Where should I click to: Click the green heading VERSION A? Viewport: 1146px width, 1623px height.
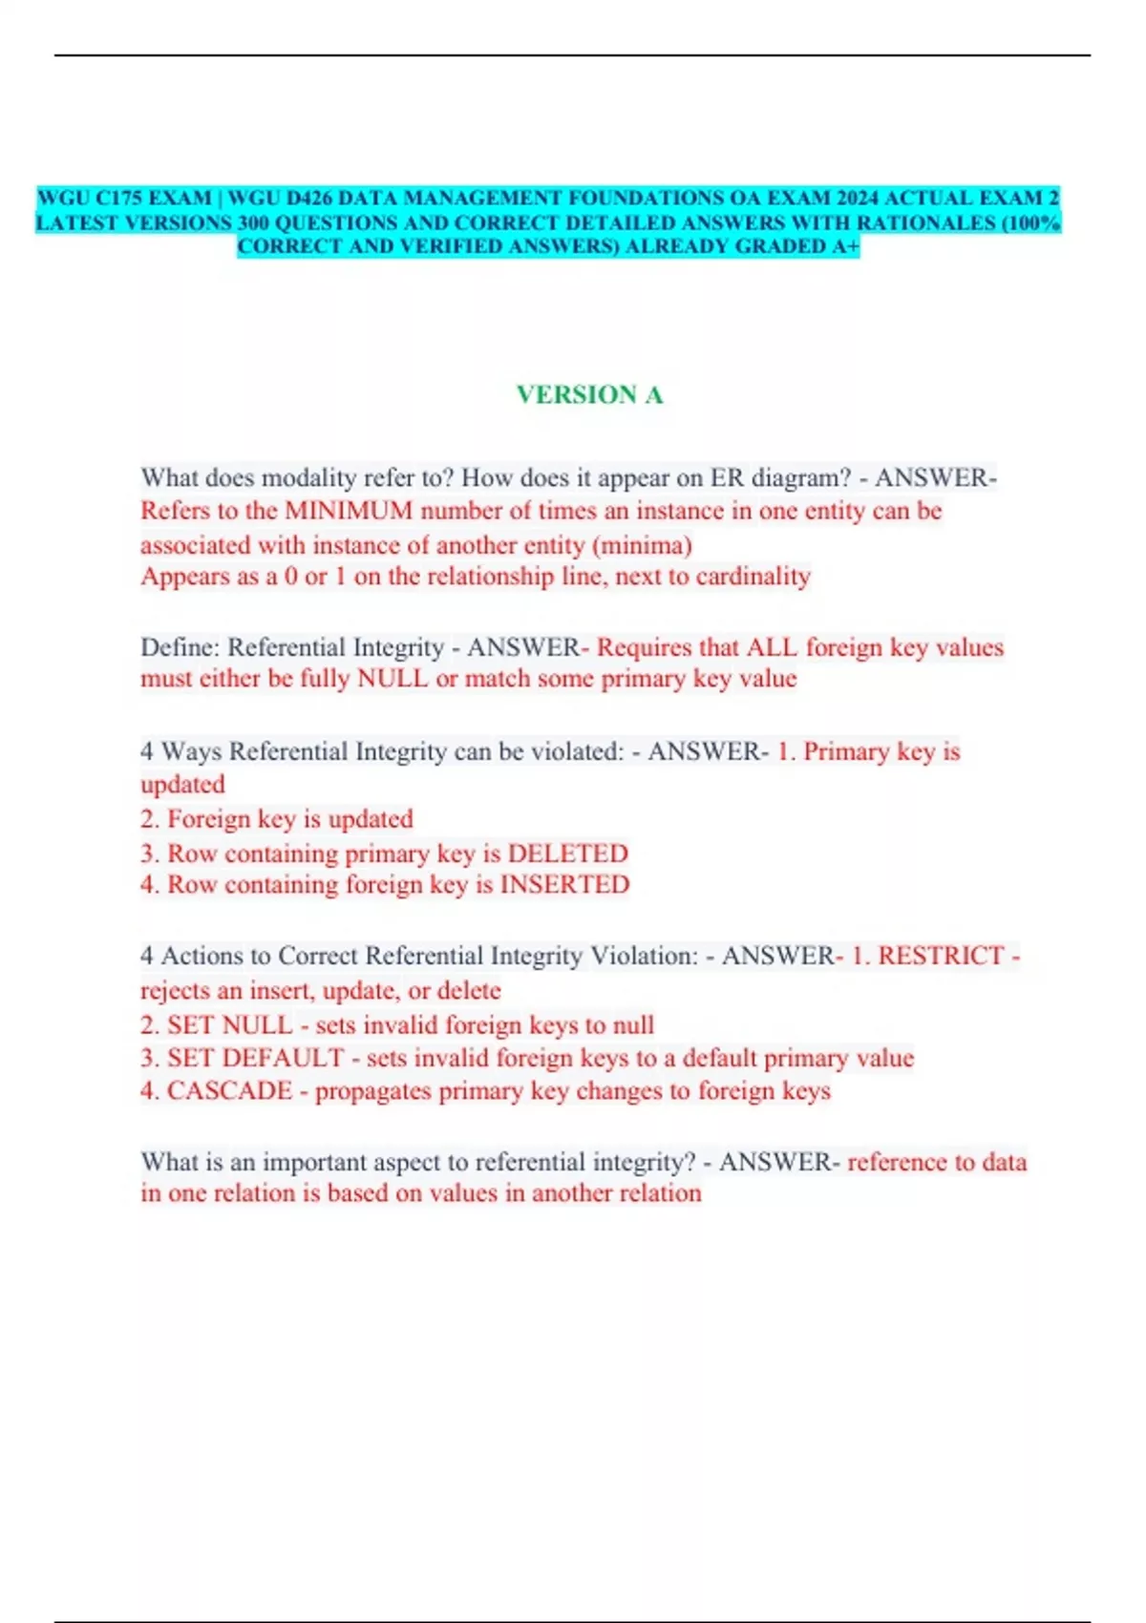589,394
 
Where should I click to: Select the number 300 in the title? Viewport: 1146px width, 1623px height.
253,222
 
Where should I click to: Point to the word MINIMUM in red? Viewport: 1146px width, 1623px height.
349,511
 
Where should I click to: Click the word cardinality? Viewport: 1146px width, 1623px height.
753,577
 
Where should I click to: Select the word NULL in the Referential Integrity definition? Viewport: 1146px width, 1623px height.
393,679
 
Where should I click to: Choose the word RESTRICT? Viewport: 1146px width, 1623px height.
941,956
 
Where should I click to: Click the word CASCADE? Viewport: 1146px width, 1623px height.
229,1090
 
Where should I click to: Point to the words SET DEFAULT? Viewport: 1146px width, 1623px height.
255,1058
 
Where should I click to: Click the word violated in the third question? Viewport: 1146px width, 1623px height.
571,751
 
